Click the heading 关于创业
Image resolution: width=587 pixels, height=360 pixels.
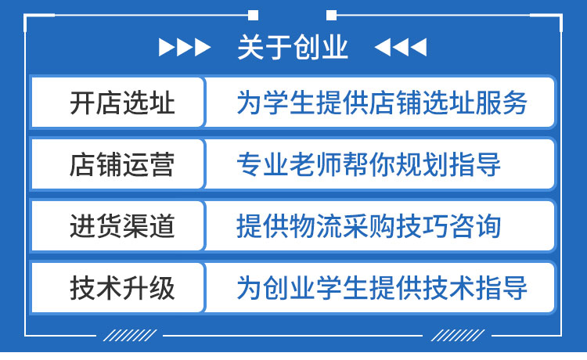pos(293,49)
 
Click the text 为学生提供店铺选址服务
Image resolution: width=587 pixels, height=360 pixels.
pos(382,103)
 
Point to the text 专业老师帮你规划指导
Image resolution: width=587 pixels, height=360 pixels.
pos(369,164)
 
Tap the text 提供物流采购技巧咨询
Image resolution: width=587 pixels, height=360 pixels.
pos(369,226)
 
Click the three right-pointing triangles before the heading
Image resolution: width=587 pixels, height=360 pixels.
pos(185,49)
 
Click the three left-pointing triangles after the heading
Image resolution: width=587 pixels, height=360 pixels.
pos(401,49)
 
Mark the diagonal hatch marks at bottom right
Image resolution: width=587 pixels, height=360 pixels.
pos(457,336)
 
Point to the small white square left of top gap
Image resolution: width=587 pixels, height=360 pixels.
pos(253,14)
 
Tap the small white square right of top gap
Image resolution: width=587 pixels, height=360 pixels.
pos(331,14)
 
